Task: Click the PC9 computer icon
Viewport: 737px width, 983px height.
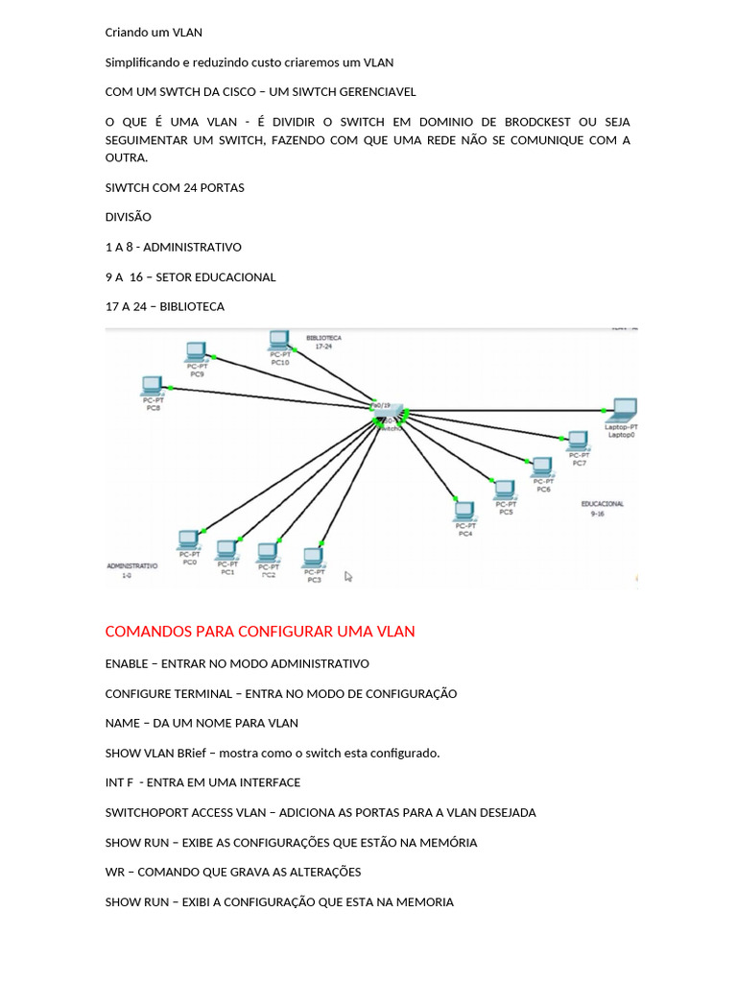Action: coord(197,351)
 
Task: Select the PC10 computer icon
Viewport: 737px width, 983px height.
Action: coord(279,340)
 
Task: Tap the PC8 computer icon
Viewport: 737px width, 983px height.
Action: coord(151,386)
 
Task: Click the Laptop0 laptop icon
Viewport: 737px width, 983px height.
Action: coord(625,410)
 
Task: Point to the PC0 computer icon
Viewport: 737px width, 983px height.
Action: coord(189,539)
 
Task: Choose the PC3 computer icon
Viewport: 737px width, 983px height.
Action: coord(312,557)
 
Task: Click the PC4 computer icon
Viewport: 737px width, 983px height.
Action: coord(464,512)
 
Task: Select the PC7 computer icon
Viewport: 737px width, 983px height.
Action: coord(578,441)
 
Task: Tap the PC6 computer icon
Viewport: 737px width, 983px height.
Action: coord(543,468)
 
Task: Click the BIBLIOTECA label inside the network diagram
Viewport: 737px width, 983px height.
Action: coord(323,338)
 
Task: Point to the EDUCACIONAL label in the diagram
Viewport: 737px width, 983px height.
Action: coord(602,503)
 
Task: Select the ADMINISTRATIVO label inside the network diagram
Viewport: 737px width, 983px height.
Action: coord(131,566)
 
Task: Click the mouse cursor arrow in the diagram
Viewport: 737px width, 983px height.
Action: coord(348,576)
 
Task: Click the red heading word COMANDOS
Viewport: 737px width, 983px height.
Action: coord(148,632)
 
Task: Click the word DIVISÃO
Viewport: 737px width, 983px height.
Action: coord(128,217)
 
